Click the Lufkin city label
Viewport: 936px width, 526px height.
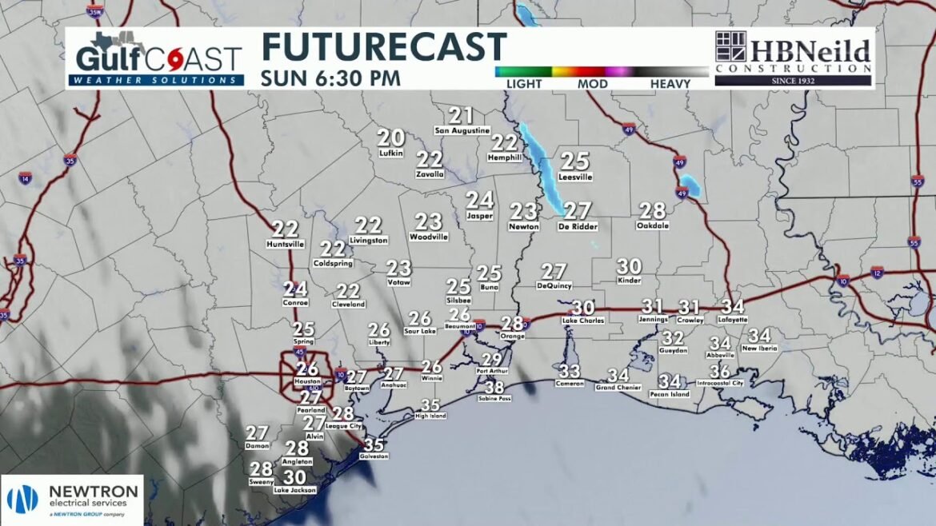[x=390, y=153]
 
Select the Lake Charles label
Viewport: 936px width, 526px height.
[x=583, y=321]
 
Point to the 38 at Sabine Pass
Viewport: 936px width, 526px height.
[x=495, y=389]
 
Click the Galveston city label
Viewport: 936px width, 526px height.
[x=374, y=456]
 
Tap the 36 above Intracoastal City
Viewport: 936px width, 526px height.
[x=720, y=372]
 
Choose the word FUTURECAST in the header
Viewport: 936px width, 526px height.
[x=383, y=48]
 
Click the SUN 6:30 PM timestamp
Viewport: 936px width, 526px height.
[x=330, y=79]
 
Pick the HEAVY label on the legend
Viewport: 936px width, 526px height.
[x=670, y=84]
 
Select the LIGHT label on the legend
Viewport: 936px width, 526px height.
[x=523, y=84]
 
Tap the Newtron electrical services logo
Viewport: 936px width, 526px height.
[x=72, y=499]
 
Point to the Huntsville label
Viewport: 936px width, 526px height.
[x=286, y=244]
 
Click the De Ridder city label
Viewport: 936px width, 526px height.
[x=578, y=227]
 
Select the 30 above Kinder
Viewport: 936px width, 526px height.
[x=629, y=267]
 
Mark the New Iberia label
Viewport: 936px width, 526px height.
[x=759, y=349]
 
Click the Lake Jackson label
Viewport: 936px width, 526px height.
[x=294, y=490]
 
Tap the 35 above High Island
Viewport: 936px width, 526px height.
[x=430, y=405]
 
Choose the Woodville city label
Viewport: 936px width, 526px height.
[x=428, y=237]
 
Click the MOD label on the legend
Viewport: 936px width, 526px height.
[x=590, y=84]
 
